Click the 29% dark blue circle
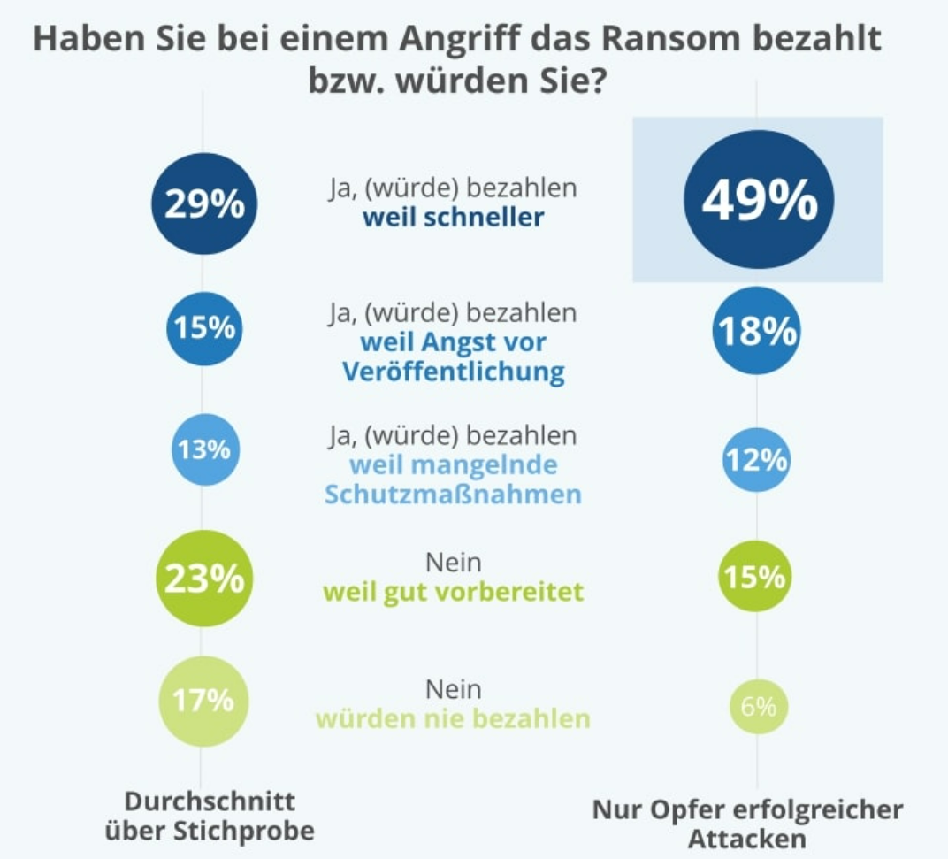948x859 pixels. coord(204,204)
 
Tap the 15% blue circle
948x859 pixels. coord(204,329)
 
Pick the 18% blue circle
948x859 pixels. coord(757,332)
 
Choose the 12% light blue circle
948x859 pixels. coord(756,460)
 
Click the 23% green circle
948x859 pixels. coord(204,579)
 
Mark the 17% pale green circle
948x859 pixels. coord(204,701)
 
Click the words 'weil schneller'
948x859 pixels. coord(453,218)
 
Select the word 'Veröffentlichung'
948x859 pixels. coord(453,372)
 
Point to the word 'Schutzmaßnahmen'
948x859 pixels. coord(453,494)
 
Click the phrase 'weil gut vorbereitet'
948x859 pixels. coord(453,591)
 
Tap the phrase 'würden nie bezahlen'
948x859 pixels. coord(453,718)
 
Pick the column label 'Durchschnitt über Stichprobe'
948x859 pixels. coord(210,816)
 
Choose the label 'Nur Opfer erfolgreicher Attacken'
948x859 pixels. coord(747,823)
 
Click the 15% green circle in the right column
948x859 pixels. coord(756,578)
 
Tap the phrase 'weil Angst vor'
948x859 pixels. coord(453,341)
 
